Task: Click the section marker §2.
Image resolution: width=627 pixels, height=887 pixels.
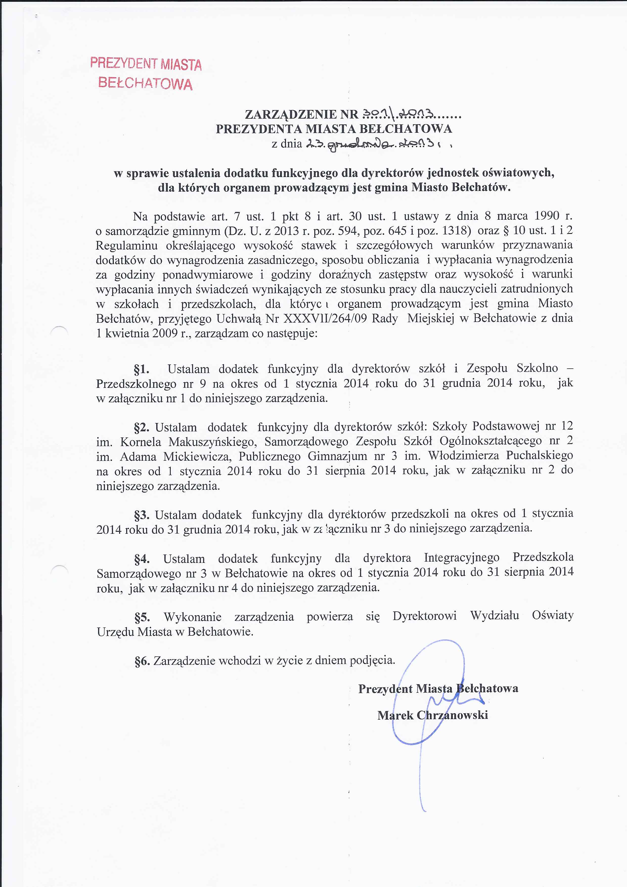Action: (x=142, y=427)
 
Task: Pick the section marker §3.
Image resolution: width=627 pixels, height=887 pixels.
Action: (x=142, y=515)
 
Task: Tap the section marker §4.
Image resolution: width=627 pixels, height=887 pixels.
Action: (x=142, y=559)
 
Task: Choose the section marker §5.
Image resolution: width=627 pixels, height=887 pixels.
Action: (x=142, y=617)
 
